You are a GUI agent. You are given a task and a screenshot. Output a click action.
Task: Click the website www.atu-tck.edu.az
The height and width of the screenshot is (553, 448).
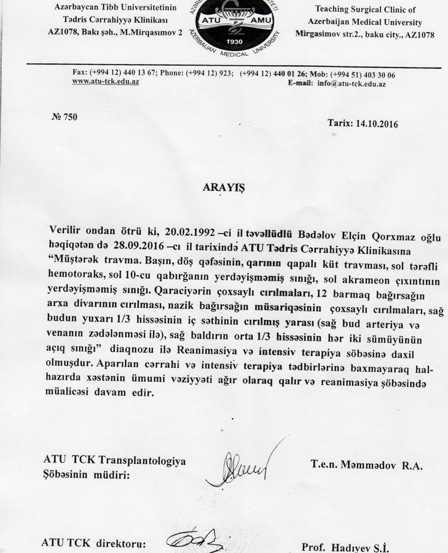coord(106,82)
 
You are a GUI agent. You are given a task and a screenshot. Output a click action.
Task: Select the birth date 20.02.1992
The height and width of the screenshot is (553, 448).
coord(189,230)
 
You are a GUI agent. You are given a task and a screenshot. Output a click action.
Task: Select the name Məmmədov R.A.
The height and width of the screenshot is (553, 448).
coord(367,466)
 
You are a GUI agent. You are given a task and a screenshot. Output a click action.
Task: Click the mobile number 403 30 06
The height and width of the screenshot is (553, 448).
coord(375,74)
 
